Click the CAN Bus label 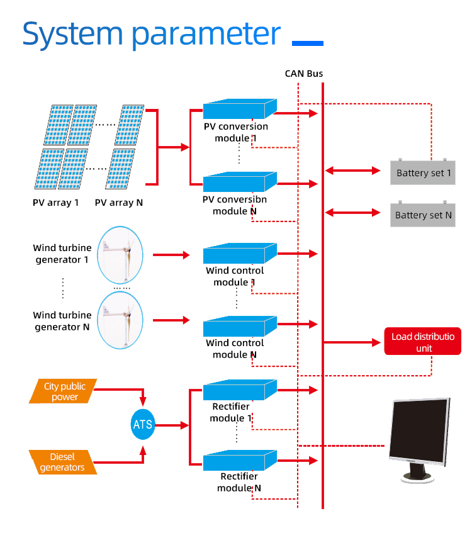(304, 74)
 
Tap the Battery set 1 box (423, 172)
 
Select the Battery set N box (423, 215)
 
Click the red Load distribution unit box (423, 342)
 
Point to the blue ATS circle (143, 424)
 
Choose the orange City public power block (65, 391)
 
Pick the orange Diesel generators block (62, 462)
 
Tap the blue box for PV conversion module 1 (240, 110)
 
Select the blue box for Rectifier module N (240, 461)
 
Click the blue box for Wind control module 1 (240, 254)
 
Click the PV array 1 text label (56, 203)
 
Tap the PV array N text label (119, 203)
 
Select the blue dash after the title (308, 43)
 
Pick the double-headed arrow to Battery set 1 (353, 171)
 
